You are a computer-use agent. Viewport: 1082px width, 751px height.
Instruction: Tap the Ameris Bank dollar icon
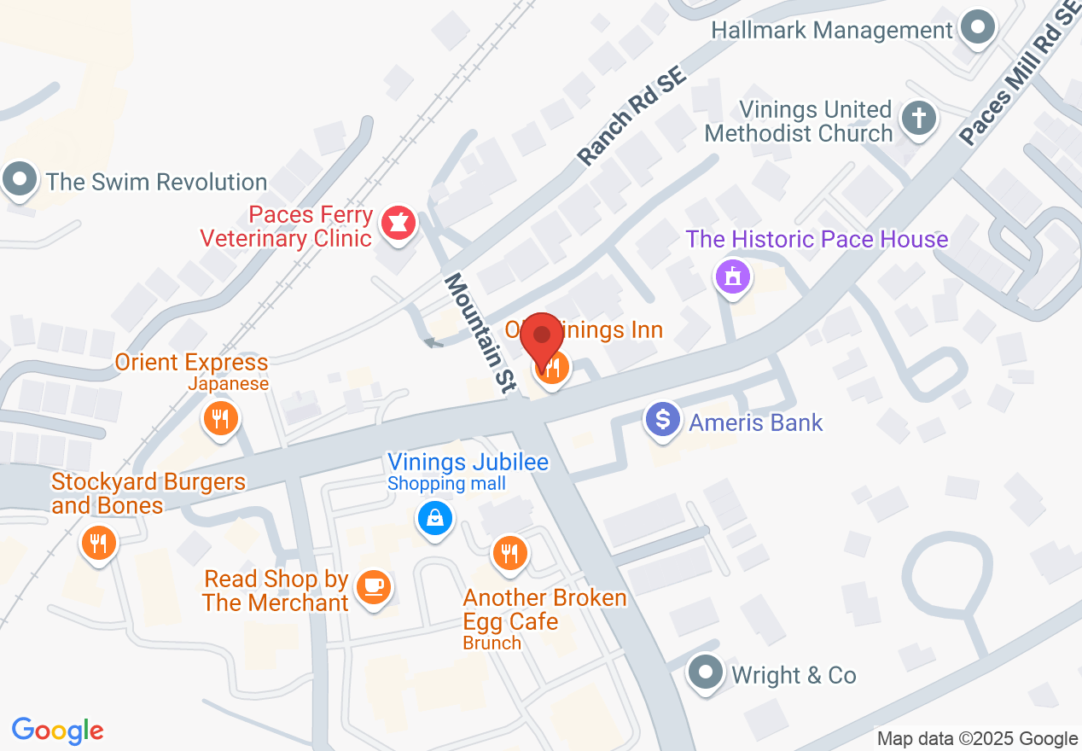[x=663, y=420]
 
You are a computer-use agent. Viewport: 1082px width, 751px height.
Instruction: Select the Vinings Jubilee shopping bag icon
[x=434, y=517]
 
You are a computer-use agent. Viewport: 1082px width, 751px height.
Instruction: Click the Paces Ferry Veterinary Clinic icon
[x=397, y=223]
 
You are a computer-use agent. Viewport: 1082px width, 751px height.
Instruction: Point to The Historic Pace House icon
[x=732, y=277]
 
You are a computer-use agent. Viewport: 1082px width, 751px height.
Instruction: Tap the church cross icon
[x=918, y=117]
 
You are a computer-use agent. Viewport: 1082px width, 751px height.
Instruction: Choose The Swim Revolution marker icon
[x=20, y=180]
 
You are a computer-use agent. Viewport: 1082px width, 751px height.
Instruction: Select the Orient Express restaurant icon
[x=220, y=418]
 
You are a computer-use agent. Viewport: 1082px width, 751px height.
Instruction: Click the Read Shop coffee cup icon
[x=373, y=586]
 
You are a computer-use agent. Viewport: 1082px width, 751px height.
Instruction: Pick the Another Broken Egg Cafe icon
[x=509, y=553]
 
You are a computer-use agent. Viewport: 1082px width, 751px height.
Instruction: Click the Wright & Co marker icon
[x=705, y=673]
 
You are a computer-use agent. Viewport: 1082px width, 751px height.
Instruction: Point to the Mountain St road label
[x=480, y=333]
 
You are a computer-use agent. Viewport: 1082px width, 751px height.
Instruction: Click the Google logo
[x=57, y=731]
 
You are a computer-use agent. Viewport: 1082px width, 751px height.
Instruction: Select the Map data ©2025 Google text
[x=977, y=739]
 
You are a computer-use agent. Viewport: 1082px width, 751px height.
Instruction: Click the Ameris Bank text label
[x=756, y=422]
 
